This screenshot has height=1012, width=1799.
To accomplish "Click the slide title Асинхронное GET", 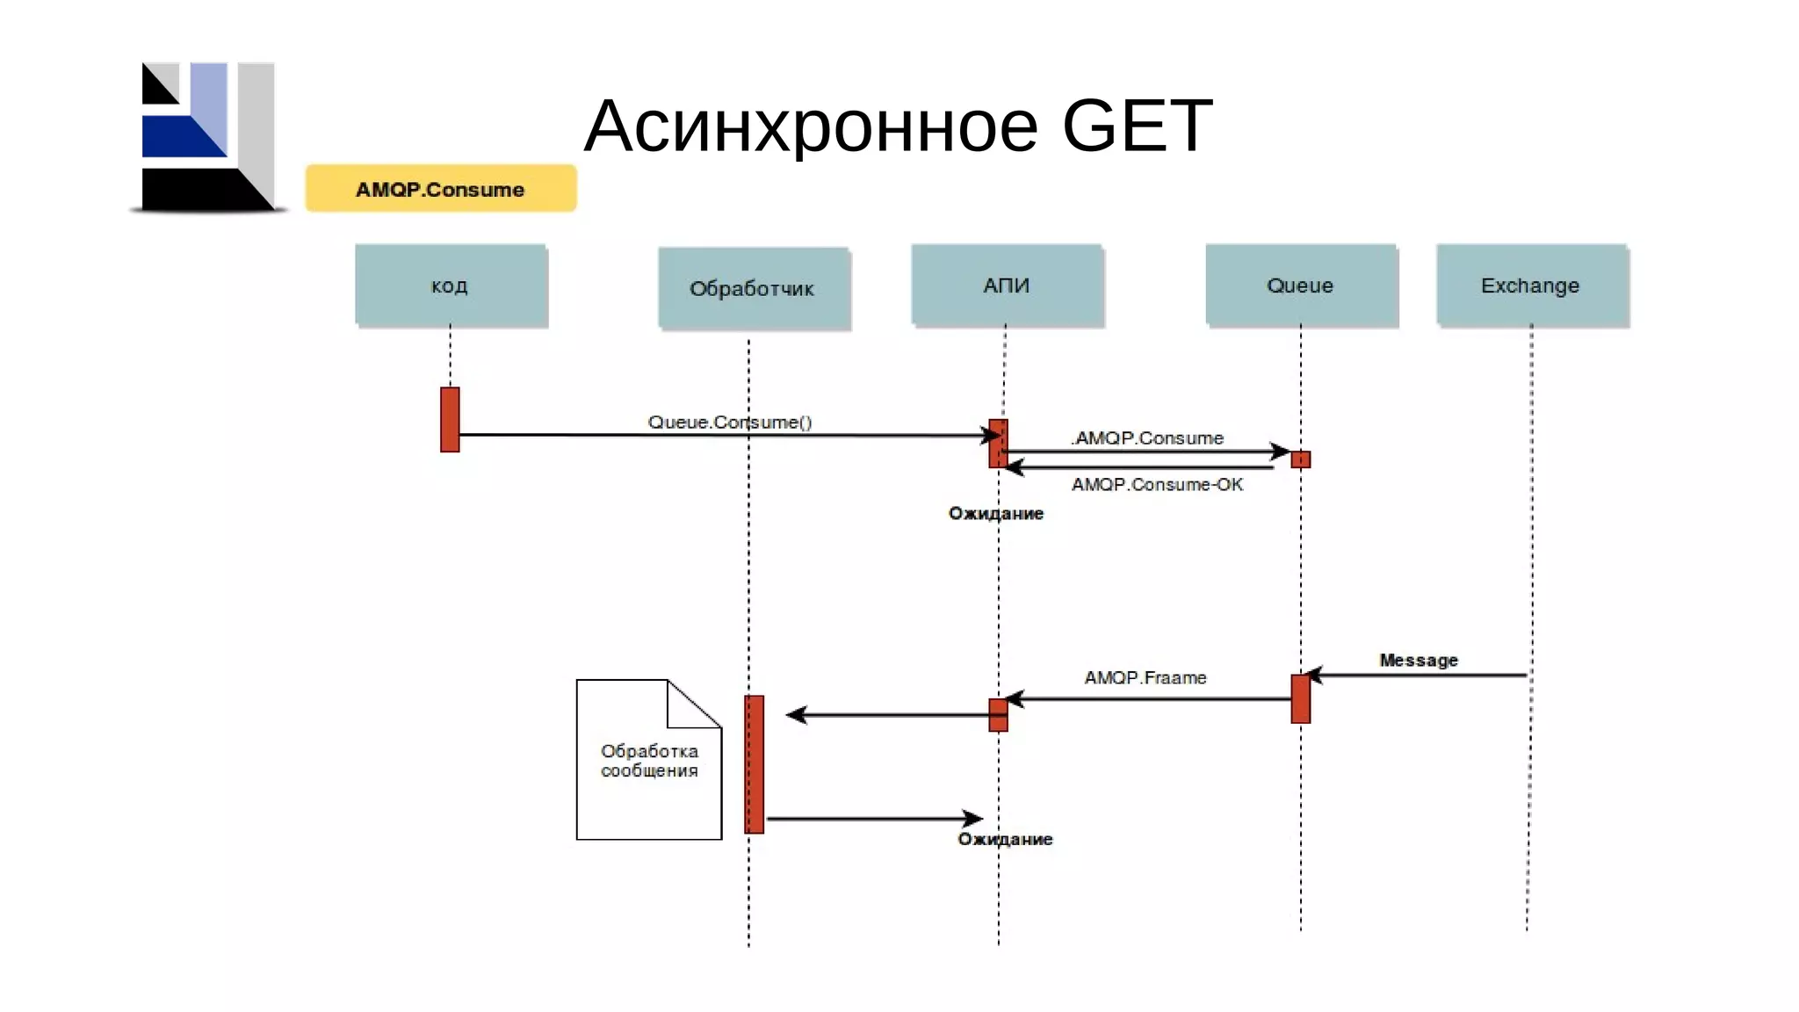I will pyautogui.click(x=898, y=126).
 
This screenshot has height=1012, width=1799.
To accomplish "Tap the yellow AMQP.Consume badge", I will pyautogui.click(x=440, y=189).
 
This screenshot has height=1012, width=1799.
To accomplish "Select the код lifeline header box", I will pyautogui.click(x=451, y=286).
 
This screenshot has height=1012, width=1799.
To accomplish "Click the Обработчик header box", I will pyautogui.click(x=753, y=288).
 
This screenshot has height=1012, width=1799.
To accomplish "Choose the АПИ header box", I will pyautogui.click(x=1006, y=286).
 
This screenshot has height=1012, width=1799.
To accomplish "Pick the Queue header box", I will pyautogui.click(x=1300, y=286).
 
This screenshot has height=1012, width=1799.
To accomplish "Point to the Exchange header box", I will pyautogui.click(x=1531, y=286).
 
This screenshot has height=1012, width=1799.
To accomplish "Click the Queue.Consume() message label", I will pyautogui.click(x=729, y=423).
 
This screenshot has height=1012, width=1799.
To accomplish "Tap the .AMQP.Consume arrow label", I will pyautogui.click(x=1147, y=437).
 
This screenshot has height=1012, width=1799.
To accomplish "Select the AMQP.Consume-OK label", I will pyautogui.click(x=1157, y=485).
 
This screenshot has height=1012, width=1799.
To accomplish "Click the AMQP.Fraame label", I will pyautogui.click(x=1145, y=678).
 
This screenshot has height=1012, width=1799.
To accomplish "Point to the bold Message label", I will pyautogui.click(x=1418, y=661).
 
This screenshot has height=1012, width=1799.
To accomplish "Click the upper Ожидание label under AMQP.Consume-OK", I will pyautogui.click(x=995, y=514).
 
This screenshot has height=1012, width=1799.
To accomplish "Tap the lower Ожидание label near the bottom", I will pyautogui.click(x=1005, y=840).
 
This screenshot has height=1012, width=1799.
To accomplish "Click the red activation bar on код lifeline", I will pyautogui.click(x=450, y=419).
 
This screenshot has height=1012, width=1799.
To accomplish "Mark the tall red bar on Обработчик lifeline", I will pyautogui.click(x=754, y=764).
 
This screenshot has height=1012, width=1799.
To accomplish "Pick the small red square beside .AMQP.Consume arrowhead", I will pyautogui.click(x=1301, y=459).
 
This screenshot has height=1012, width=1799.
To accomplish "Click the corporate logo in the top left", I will pyautogui.click(x=208, y=137).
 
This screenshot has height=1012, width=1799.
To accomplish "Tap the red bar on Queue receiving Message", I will pyautogui.click(x=1300, y=699).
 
